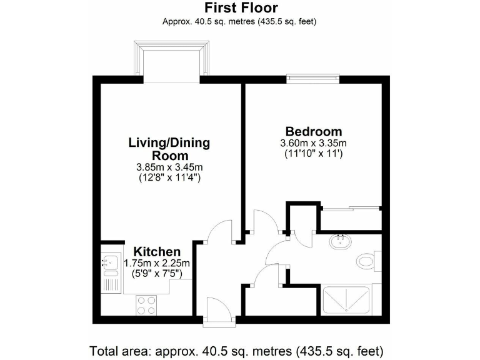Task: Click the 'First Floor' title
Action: (239, 8)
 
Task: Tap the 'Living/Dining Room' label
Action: (169, 149)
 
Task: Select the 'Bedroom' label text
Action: (313, 131)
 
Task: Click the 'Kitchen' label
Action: (153, 251)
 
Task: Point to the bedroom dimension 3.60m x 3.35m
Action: (313, 143)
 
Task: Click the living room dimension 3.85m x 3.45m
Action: (169, 167)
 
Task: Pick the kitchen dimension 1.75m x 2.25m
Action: (156, 263)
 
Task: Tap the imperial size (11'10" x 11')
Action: (313, 153)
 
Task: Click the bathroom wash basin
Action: (341, 242)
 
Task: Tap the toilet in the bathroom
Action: (366, 259)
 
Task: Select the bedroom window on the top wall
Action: (313, 79)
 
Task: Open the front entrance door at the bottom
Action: (220, 311)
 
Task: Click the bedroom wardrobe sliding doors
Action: (350, 207)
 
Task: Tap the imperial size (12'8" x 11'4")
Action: (169, 177)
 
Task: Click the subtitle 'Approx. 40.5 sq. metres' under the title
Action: (239, 21)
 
